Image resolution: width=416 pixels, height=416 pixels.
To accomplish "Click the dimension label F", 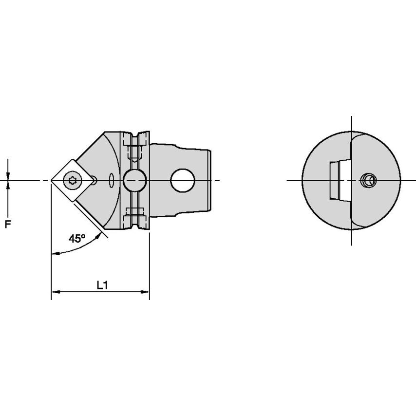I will (7, 225).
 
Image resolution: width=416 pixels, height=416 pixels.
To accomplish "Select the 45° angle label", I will (76, 239).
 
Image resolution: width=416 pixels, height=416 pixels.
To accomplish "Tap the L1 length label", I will (102, 285).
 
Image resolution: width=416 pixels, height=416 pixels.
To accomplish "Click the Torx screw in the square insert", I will (72, 181).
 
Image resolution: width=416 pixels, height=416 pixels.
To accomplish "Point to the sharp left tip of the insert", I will (52, 181).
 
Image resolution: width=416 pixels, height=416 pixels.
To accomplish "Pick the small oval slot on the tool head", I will (113, 181).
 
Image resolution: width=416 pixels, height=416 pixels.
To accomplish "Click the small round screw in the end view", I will (368, 181).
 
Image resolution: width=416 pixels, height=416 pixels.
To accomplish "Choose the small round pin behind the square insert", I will (94, 181).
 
